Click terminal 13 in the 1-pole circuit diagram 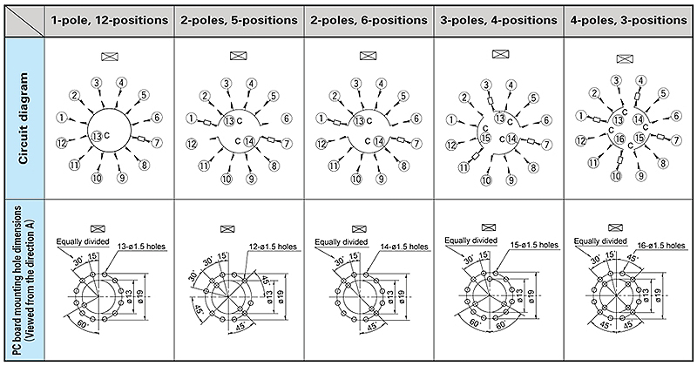(97, 135)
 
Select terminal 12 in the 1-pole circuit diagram (62, 143)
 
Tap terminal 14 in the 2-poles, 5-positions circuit (248, 140)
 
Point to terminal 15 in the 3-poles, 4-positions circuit (486, 137)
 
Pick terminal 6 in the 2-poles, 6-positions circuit (416, 118)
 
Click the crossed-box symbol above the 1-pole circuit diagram (110, 58)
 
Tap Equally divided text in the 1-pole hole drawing (81, 241)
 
